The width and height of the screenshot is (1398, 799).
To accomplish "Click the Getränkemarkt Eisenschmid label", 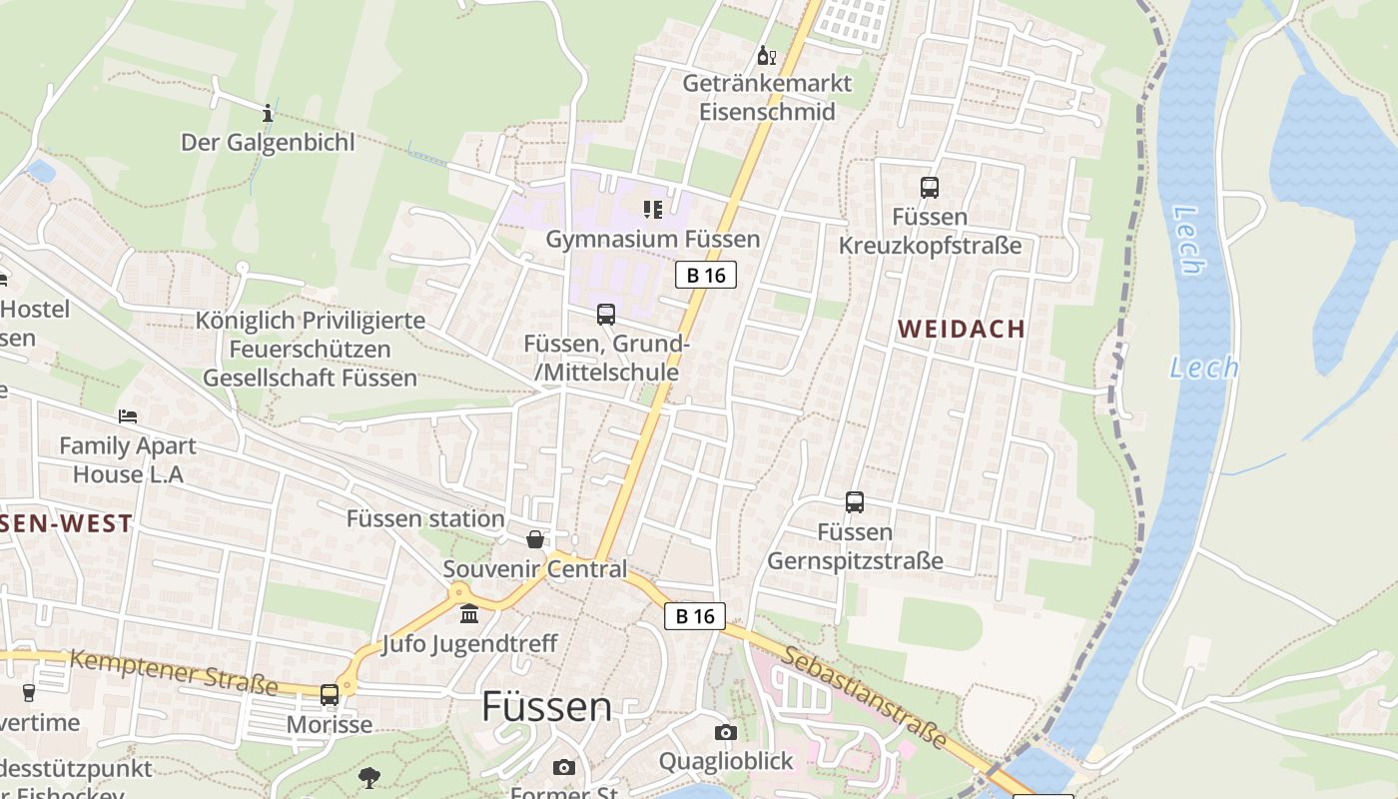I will [x=767, y=97].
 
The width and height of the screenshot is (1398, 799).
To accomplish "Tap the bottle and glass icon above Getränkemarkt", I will [x=767, y=55].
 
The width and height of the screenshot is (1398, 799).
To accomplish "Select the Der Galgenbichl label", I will [x=268, y=142].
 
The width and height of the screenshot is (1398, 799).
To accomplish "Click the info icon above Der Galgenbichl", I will [x=268, y=112].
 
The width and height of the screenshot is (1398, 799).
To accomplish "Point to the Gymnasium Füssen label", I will [x=653, y=239].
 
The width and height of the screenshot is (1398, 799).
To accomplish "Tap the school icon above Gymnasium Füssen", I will [x=653, y=209].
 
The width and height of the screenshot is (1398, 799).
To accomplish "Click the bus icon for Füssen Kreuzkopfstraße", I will [x=930, y=187].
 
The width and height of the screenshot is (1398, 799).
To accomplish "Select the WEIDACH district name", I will [x=962, y=329].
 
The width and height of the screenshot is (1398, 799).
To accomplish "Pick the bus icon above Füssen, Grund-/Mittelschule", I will [x=606, y=314].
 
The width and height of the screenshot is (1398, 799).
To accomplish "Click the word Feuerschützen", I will [x=310, y=350].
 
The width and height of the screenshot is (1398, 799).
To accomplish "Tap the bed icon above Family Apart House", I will [x=128, y=415].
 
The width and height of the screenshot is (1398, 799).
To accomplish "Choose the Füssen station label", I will [x=425, y=518].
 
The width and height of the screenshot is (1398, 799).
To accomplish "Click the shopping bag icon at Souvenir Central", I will [x=536, y=540].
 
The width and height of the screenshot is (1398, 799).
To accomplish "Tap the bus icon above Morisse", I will [x=330, y=694].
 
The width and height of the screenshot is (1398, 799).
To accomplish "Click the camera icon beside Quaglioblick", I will [x=726, y=732].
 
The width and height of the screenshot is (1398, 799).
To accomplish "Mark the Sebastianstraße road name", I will [x=864, y=696].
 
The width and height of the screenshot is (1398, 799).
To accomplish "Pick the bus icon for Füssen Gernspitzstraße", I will [x=855, y=502].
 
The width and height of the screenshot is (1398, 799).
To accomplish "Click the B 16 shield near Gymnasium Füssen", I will [x=706, y=275].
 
